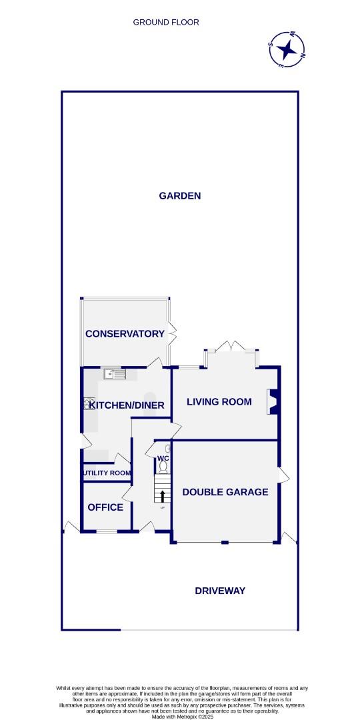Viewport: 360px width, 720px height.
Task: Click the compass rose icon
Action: pyautogui.click(x=287, y=49)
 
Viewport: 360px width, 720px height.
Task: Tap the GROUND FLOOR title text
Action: pyautogui.click(x=166, y=22)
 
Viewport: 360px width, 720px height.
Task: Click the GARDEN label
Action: pyautogui.click(x=179, y=195)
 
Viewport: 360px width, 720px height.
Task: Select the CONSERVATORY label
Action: pyautogui.click(x=125, y=333)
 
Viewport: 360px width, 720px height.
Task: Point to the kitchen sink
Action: pyautogui.click(x=115, y=374)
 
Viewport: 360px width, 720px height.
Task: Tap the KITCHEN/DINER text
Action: pyautogui.click(x=127, y=405)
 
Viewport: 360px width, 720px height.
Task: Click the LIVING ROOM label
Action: pyautogui.click(x=219, y=401)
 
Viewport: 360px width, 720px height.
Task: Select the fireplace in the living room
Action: pyautogui.click(x=273, y=402)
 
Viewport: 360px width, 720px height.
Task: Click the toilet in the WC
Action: pyautogui.click(x=163, y=468)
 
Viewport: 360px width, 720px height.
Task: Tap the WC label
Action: pyautogui.click(x=163, y=459)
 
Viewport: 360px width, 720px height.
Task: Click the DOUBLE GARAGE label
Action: pyautogui.click(x=225, y=492)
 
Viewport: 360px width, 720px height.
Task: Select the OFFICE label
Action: pyautogui.click(x=105, y=507)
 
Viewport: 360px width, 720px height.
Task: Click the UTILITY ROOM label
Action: pyautogui.click(x=107, y=473)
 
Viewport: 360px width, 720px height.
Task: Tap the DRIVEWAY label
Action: pyautogui.click(x=220, y=591)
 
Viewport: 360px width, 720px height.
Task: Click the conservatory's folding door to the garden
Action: pyautogui.click(x=172, y=331)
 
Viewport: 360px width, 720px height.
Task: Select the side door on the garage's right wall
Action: pyautogui.click(x=283, y=475)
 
